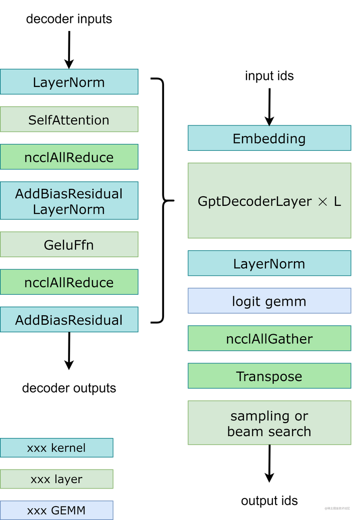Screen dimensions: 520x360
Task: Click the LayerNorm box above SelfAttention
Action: pyautogui.click(x=69, y=82)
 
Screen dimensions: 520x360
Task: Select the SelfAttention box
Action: pyautogui.click(x=69, y=119)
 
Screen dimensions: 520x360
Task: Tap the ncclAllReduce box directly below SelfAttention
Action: pyautogui.click(x=69, y=157)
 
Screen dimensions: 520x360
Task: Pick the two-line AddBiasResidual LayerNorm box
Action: pyautogui.click(x=69, y=201)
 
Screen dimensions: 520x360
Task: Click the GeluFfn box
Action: pyautogui.click(x=69, y=245)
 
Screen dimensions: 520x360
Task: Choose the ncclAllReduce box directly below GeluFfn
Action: pyautogui.click(x=69, y=282)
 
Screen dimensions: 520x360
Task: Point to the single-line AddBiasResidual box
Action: pyautogui.click(x=69, y=320)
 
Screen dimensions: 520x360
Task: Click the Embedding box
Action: pyautogui.click(x=269, y=138)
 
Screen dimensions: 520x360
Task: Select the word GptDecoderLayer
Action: pyautogui.click(x=254, y=202)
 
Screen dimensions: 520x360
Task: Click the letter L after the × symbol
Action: pyautogui.click(x=337, y=202)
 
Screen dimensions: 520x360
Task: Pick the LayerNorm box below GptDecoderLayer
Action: pyautogui.click(x=269, y=264)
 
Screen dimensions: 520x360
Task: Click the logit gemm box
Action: pyautogui.click(x=269, y=301)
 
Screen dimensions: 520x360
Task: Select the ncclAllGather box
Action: pyautogui.click(x=269, y=339)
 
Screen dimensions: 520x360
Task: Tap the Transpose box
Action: pyautogui.click(x=269, y=376)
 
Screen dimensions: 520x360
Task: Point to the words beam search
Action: pyautogui.click(x=269, y=431)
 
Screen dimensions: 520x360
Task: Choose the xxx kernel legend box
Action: pyautogui.click(x=56, y=448)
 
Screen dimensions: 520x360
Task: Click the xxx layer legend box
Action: pyautogui.click(x=56, y=479)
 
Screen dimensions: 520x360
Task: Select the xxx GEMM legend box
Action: pyautogui.click(x=56, y=510)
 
